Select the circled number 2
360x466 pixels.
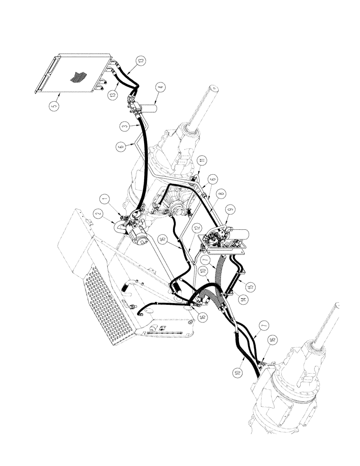pyautogui.click(x=98, y=214)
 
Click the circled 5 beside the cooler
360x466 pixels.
pyautogui.click(x=55, y=106)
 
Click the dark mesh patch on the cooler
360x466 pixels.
pyautogui.click(x=76, y=77)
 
